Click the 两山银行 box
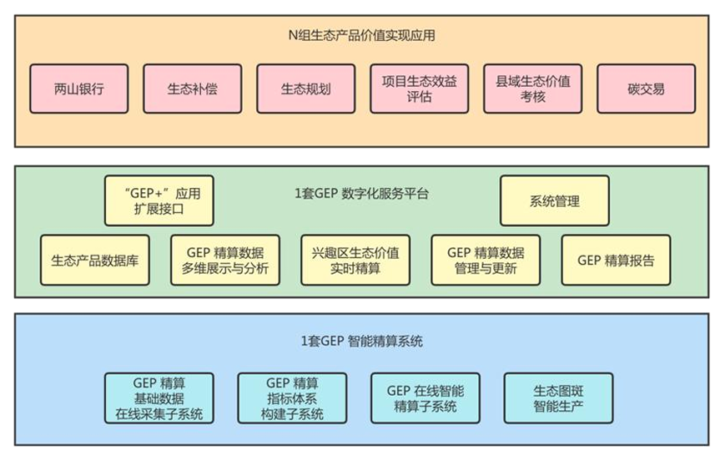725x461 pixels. [78, 89]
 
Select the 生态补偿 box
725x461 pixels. [192, 89]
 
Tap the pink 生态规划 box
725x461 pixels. [305, 89]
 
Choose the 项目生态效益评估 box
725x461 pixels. [419, 89]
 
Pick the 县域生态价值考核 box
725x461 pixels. [532, 89]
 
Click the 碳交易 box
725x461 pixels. [647, 89]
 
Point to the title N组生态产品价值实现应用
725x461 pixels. [360, 36]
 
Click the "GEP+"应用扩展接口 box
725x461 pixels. [159, 200]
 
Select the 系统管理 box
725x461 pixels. [554, 200]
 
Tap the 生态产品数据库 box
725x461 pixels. [94, 260]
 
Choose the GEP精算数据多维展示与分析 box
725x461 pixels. [224, 260]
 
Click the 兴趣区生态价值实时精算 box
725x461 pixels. [355, 260]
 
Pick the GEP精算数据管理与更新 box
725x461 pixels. [485, 260]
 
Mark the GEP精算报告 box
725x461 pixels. [616, 260]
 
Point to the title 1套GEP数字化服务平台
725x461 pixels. [361, 194]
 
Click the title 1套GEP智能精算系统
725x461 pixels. [361, 341]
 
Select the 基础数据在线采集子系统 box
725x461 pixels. [159, 398]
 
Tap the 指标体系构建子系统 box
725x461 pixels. [291, 398]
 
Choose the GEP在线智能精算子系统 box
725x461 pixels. [425, 398]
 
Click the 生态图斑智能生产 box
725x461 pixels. [558, 398]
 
